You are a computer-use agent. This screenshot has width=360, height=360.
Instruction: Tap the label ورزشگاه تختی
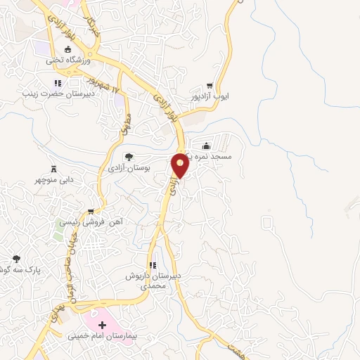(x=68, y=60)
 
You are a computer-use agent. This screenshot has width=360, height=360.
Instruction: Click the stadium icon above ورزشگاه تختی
(x=68, y=50)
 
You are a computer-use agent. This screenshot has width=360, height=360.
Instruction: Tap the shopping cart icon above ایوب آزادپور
(x=210, y=83)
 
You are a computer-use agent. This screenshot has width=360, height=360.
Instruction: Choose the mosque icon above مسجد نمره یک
(x=207, y=147)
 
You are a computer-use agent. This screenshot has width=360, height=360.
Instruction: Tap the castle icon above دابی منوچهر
(x=54, y=168)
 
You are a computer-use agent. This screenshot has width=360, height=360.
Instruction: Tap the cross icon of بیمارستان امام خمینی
(x=103, y=325)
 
